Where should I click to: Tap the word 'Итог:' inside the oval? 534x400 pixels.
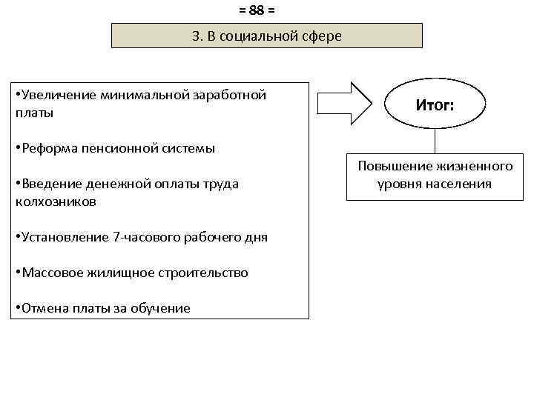click(435, 105)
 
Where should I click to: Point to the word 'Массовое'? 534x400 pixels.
click(50, 273)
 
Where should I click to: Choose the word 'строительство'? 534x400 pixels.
click(203, 273)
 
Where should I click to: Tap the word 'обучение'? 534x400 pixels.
click(161, 308)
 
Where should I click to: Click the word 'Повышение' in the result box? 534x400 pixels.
click(389, 166)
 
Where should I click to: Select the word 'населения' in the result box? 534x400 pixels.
click(460, 183)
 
